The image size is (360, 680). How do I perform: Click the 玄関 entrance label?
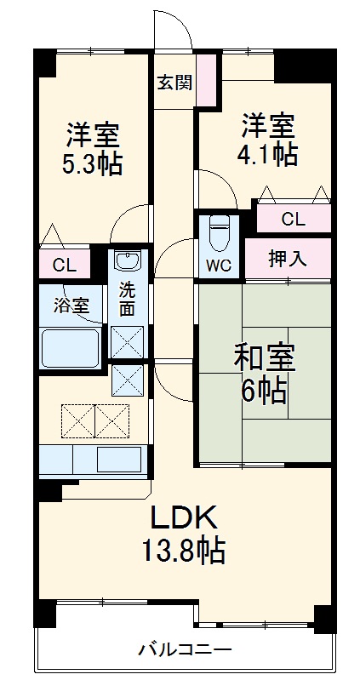[174, 83]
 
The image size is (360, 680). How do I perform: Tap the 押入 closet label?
[288, 258]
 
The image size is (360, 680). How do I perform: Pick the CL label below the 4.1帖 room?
[293, 219]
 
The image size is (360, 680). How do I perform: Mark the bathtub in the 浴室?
[71, 346]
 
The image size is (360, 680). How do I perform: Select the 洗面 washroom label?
[127, 297]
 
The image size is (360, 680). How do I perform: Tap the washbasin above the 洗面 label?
[127, 262]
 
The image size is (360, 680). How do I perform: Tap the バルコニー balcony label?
[185, 651]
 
